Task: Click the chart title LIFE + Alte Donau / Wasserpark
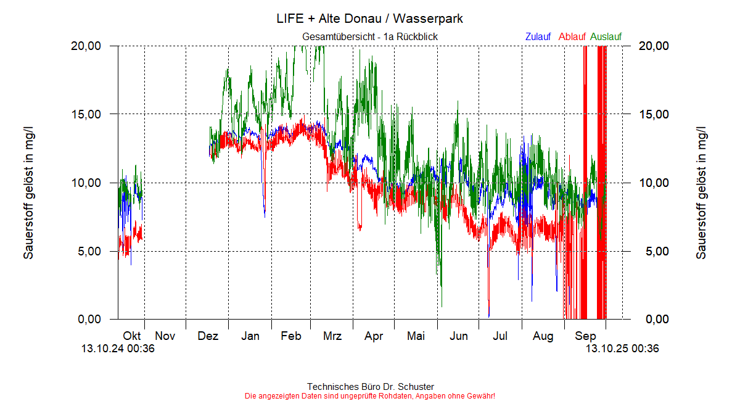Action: pos(370,19)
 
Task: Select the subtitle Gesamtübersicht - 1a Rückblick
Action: pos(370,37)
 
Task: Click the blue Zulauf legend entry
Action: pos(538,37)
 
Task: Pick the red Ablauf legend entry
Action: pos(572,37)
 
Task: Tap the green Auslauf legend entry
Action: pos(606,37)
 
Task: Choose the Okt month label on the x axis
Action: pos(132,336)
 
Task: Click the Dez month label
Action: pos(208,336)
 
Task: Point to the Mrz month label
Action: pos(332,336)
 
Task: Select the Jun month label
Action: pos(458,336)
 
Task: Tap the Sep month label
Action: pos(585,336)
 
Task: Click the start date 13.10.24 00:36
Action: pos(118,349)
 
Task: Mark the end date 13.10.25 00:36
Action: pos(622,349)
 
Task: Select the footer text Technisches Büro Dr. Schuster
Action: pos(370,387)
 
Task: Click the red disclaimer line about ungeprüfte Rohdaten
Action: pos(370,395)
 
